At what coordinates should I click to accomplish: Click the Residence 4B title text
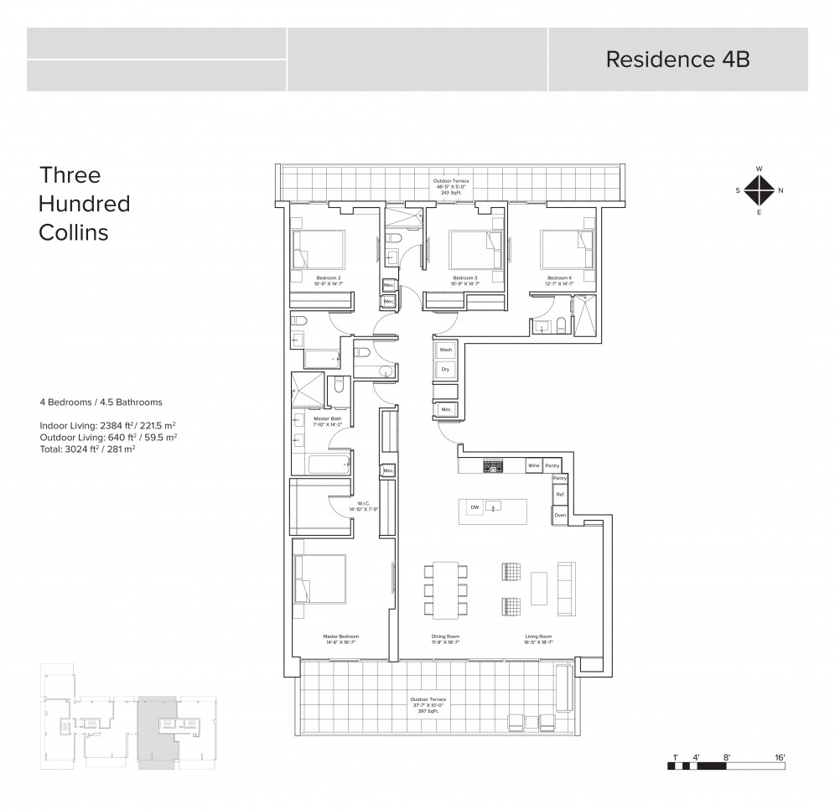point(677,60)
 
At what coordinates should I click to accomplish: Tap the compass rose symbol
point(759,190)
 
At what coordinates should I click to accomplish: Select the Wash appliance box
point(445,350)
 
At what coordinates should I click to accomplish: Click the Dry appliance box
point(445,369)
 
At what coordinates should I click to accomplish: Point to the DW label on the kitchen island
point(475,507)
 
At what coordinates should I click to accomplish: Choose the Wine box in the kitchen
point(532,465)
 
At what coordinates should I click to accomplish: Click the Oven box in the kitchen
point(560,515)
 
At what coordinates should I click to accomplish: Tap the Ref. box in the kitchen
point(560,496)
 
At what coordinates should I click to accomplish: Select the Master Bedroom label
point(340,637)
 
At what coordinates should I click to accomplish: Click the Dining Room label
point(445,637)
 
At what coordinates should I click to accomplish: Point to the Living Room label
point(539,637)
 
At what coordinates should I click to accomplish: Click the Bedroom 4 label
point(559,278)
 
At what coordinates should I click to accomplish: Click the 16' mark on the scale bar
point(779,757)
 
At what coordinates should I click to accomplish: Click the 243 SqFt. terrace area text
point(451,192)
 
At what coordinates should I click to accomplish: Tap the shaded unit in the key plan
point(157,730)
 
